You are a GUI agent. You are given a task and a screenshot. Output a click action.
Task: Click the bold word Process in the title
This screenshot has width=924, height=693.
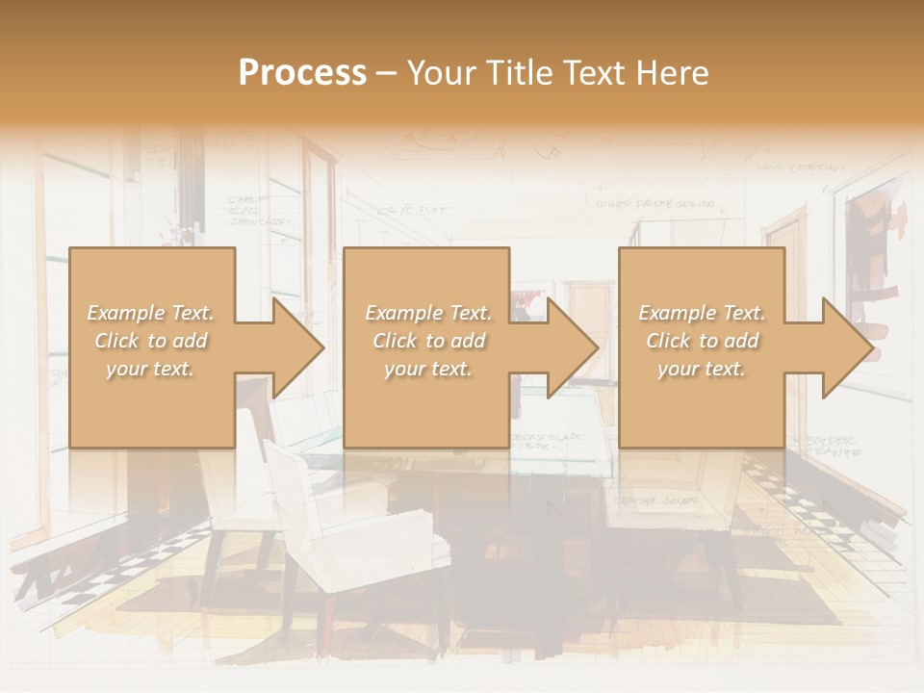point(302,72)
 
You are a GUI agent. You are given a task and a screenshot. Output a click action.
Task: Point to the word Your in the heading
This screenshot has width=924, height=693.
point(440,72)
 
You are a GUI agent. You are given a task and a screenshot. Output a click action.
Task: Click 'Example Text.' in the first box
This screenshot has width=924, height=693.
point(151,313)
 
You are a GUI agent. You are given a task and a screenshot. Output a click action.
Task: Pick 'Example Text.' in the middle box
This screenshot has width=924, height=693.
point(428,313)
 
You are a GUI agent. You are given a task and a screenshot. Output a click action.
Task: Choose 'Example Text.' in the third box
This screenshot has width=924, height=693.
point(702,313)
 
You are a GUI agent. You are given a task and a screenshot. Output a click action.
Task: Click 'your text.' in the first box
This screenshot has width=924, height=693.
point(151,369)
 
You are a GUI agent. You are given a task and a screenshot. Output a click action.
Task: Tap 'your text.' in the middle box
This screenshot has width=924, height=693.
point(428,369)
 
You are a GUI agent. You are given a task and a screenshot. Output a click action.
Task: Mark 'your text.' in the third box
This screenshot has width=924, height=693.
point(702,369)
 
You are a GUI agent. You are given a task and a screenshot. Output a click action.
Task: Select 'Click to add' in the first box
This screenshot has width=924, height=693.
point(151,341)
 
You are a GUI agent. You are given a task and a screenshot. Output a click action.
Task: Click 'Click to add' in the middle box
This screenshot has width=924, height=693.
point(428,341)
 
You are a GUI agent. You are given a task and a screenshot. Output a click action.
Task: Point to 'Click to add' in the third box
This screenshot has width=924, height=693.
point(702,341)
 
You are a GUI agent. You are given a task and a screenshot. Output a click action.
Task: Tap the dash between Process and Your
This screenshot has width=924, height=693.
point(387,73)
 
